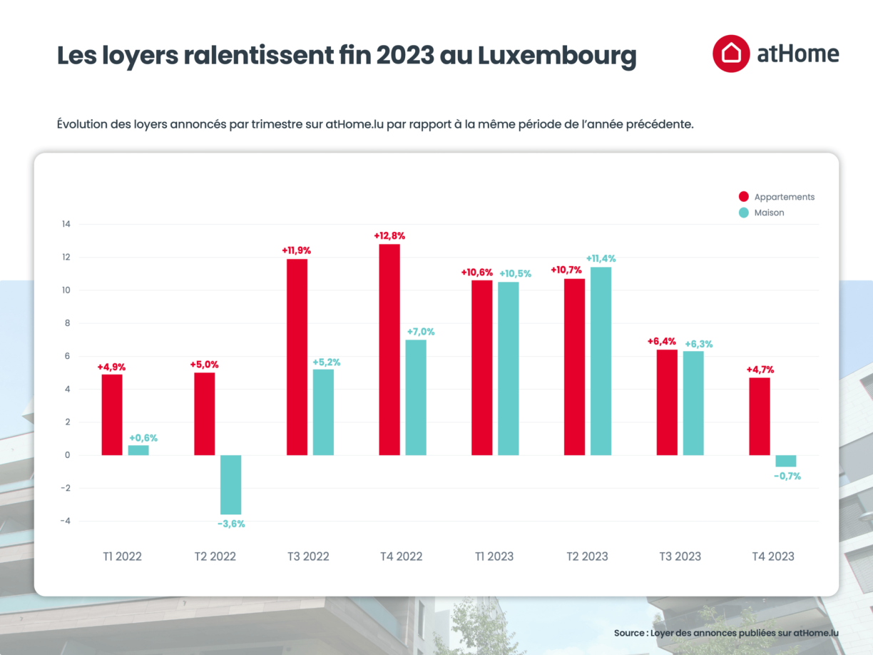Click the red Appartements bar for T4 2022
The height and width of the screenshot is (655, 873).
click(389, 350)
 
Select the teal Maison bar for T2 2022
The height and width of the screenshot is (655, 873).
click(230, 484)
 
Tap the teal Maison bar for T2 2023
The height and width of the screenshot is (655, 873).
click(601, 361)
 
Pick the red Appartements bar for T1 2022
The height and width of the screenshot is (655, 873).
click(112, 415)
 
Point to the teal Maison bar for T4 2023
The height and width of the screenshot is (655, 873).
click(786, 461)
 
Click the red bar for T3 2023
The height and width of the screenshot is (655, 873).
click(667, 402)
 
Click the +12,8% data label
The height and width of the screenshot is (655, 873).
click(389, 235)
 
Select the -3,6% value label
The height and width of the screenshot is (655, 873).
click(231, 524)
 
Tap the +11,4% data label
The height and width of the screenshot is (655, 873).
click(601, 258)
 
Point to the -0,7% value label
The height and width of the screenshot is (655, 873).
click(787, 476)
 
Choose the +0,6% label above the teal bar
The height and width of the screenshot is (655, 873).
click(143, 438)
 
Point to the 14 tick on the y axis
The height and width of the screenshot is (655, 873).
click(66, 225)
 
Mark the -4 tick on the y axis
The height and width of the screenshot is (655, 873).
click(66, 521)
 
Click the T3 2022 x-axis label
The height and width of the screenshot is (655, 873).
click(308, 557)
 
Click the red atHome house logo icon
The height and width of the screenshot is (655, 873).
click(730, 54)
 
